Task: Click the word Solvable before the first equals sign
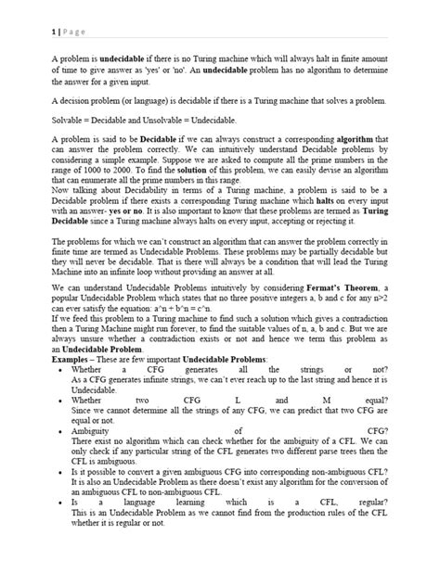(67, 121)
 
